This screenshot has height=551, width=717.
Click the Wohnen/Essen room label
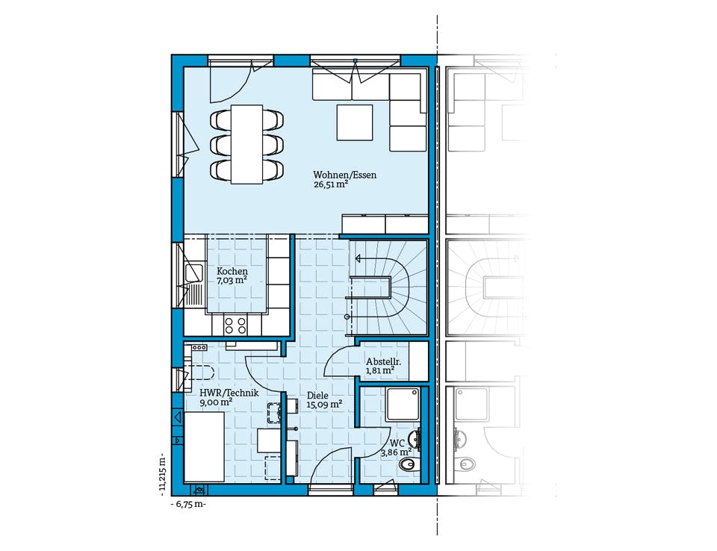click(345, 175)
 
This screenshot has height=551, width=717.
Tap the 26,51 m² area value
click(330, 184)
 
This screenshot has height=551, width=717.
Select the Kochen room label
click(232, 272)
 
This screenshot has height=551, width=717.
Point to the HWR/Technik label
click(229, 393)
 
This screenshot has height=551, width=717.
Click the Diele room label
click(317, 396)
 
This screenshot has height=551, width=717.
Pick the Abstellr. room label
click(384, 361)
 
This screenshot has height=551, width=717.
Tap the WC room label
click(397, 443)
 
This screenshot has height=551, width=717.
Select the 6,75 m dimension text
click(188, 505)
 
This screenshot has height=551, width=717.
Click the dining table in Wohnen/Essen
click(247, 145)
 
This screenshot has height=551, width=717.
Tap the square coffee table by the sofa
click(355, 122)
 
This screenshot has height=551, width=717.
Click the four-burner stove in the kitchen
click(235, 325)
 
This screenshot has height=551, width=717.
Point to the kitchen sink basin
click(193, 273)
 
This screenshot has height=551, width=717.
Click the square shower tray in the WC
click(403, 404)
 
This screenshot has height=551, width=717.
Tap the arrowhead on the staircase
click(358, 259)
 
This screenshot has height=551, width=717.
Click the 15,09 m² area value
click(324, 405)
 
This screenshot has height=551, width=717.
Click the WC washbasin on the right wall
click(414, 440)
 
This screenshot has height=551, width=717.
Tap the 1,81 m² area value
click(380, 371)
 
